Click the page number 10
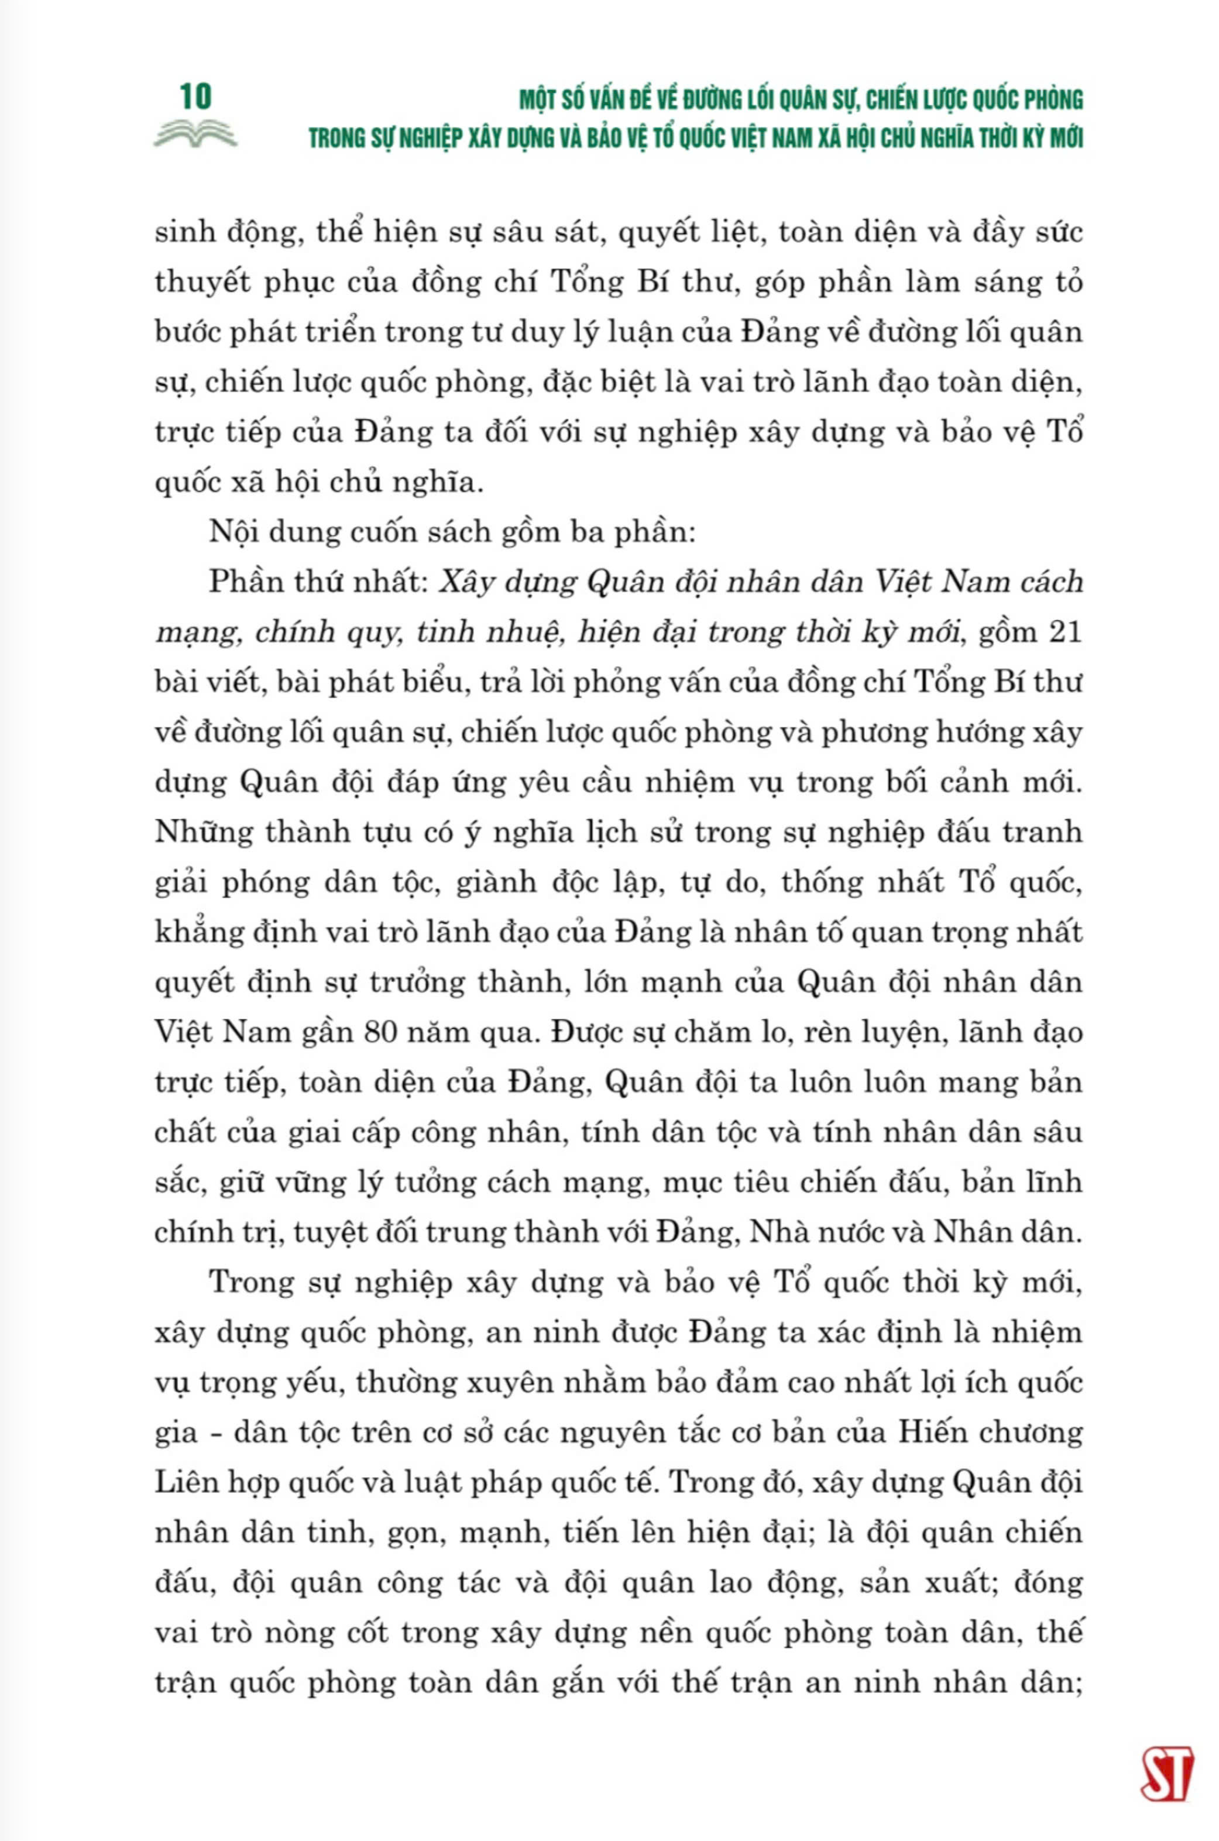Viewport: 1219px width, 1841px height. (x=195, y=97)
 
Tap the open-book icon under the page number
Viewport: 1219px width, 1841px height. (x=195, y=135)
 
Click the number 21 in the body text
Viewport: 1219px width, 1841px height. (x=1065, y=632)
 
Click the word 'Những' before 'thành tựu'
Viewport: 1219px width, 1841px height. (x=204, y=833)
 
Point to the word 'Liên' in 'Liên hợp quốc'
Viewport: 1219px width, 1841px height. (x=184, y=1483)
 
